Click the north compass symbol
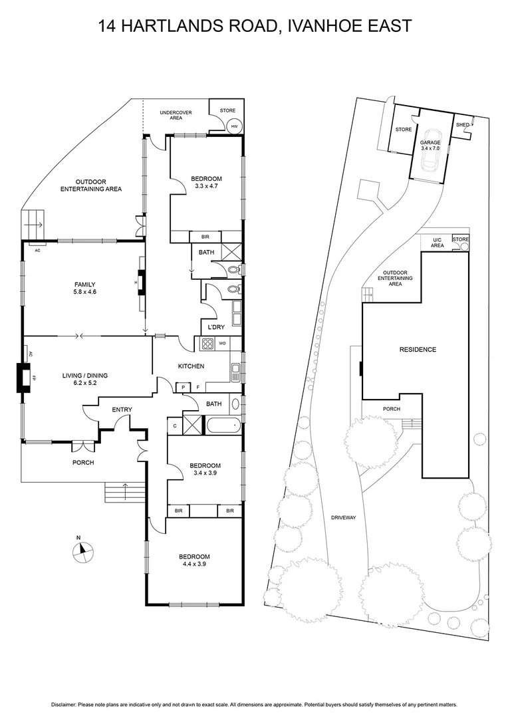click(82, 548)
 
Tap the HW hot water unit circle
click(234, 126)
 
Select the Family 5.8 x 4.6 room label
click(84, 288)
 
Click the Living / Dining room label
click(84, 379)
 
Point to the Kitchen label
click(190, 366)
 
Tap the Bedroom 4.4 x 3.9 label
click(194, 560)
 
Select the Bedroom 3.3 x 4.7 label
click(206, 182)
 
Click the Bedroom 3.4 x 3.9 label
click(205, 469)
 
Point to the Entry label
click(122, 410)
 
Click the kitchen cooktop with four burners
click(206, 344)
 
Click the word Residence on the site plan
click(418, 350)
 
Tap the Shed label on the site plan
click(462, 125)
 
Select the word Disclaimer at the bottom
click(65, 704)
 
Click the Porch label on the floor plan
click(83, 463)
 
